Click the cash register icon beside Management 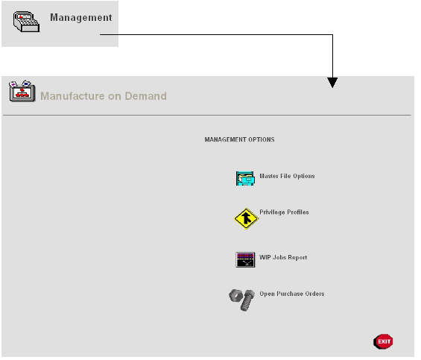tap(26, 22)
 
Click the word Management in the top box tap(81, 17)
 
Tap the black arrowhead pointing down tap(332, 83)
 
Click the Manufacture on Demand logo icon tap(22, 91)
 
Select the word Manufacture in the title tap(72, 96)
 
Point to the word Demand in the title tap(146, 96)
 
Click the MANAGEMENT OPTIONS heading tap(239, 139)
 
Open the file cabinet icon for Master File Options tap(245, 178)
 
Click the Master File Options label tap(287, 176)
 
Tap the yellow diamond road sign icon tap(246, 218)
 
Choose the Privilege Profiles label tap(284, 212)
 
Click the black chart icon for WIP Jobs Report tap(245, 259)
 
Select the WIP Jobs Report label tap(283, 257)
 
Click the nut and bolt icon tap(242, 300)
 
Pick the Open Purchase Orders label tap(292, 294)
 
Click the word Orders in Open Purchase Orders tap(314, 294)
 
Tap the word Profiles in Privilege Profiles tap(298, 212)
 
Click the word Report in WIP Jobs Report tap(297, 257)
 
